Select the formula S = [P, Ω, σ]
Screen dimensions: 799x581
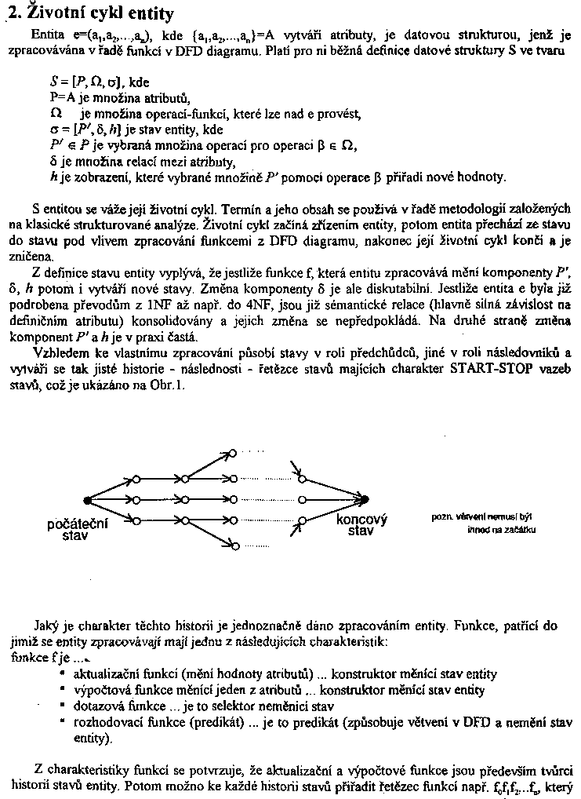pyautogui.click(x=87, y=82)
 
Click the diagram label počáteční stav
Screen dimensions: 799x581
pyautogui.click(x=78, y=528)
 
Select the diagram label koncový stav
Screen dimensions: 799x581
pyautogui.click(x=361, y=524)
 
